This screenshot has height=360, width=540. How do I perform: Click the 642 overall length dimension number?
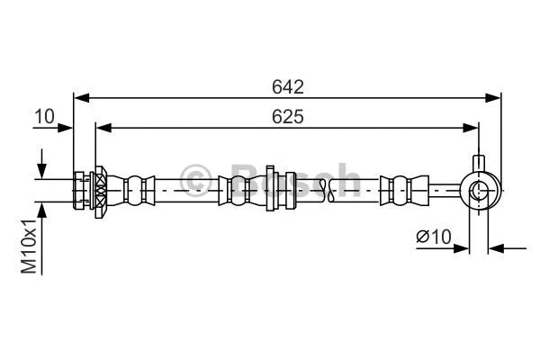[x=288, y=86]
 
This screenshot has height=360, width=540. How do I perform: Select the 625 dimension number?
[x=288, y=117]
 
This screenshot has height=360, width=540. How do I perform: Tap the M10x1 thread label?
[x=30, y=246]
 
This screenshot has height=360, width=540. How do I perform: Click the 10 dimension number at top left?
[x=44, y=116]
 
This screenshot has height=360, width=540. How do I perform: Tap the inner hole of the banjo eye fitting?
[x=479, y=190]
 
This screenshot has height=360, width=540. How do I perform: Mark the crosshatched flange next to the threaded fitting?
[x=100, y=190]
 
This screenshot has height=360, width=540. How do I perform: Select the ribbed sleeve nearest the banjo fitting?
[x=398, y=190]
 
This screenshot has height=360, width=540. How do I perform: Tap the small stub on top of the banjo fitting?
[x=479, y=166]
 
